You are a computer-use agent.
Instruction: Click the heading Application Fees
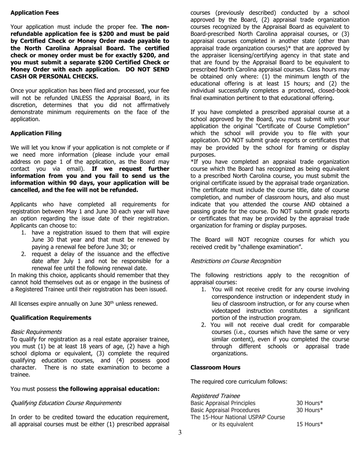click(34, 13)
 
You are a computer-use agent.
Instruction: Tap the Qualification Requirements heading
click(51, 318)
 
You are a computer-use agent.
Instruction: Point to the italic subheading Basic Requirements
click(36, 332)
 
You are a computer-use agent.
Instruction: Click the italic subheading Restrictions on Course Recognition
click(235, 261)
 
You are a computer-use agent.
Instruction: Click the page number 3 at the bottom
click(180, 433)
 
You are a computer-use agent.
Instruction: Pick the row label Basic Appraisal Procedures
click(225, 410)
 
